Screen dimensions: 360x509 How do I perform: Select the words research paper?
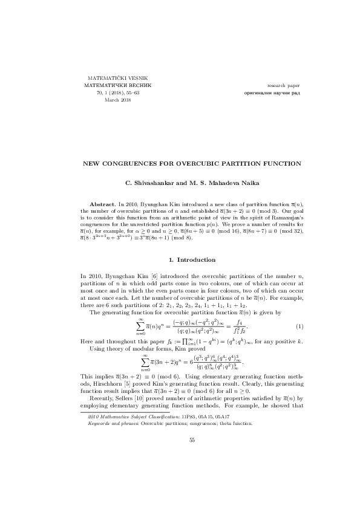[x=283, y=86]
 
